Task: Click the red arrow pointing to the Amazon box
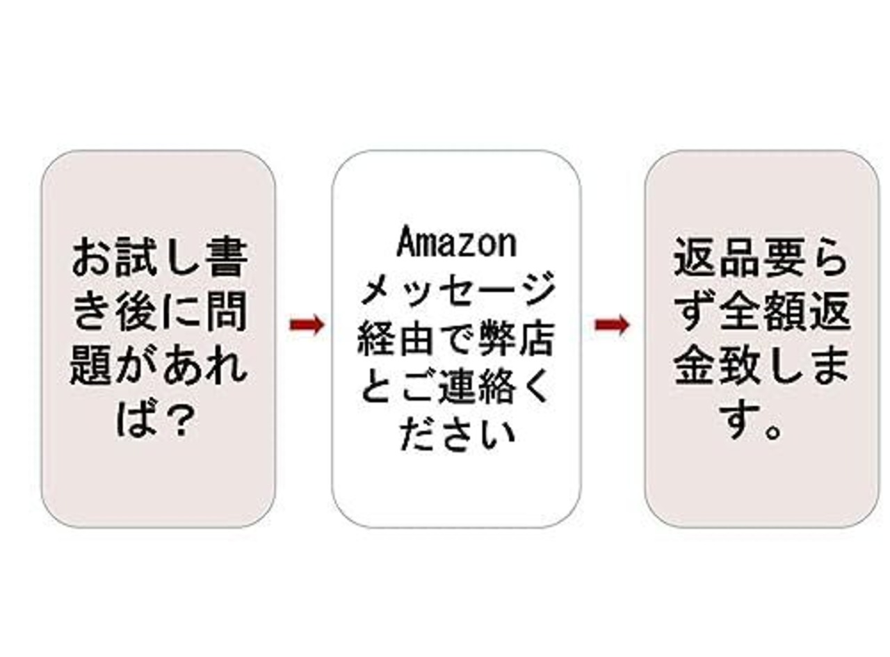click(x=307, y=325)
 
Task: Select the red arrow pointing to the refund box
click(x=612, y=325)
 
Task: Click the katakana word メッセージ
click(x=457, y=291)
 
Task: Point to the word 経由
click(x=405, y=341)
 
